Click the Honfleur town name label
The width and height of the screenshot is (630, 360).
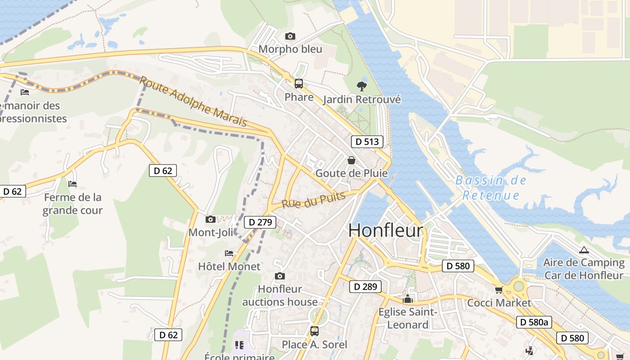pos(386,230)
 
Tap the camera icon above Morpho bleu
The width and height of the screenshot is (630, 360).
pos(290,36)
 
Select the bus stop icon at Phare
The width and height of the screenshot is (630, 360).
pos(298,84)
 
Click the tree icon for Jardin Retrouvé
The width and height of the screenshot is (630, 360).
pos(361,86)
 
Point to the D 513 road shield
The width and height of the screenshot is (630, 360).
pos(367,142)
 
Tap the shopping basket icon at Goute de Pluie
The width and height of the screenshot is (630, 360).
pos(351,160)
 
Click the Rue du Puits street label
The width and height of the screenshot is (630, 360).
pos(313,200)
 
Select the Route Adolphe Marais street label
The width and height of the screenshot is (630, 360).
pos(193,101)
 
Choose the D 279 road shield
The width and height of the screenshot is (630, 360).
pos(260,222)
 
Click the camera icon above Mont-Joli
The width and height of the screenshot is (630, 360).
pos(210,220)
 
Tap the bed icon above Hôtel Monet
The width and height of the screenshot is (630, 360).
pos(229,253)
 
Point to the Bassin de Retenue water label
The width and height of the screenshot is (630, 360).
pos(490,188)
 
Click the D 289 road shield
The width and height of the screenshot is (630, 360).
pos(365,287)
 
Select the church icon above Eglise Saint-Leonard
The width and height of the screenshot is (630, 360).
pos(408,299)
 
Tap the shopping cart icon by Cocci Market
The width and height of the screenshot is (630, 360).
pos(499,290)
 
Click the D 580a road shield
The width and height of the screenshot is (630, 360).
pos(534,322)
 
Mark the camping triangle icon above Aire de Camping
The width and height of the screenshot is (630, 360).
pos(584,250)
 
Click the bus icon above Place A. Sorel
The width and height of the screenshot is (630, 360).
pos(314,332)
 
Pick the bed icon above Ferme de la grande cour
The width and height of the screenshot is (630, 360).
pos(72,184)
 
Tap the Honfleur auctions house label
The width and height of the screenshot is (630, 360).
pos(280,295)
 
